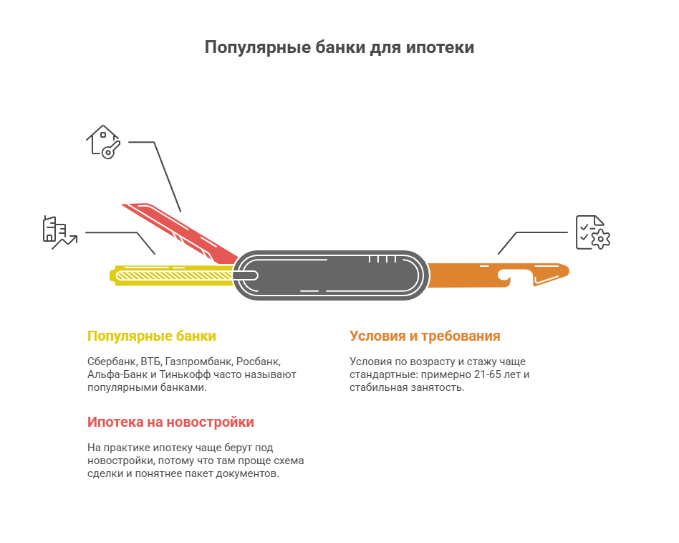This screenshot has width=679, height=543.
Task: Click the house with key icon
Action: [x=103, y=142]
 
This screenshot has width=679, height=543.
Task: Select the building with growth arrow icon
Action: [x=60, y=233]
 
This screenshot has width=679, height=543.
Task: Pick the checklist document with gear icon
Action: [x=593, y=232]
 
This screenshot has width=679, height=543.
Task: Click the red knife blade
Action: [x=180, y=232]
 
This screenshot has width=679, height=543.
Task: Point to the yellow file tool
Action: [x=172, y=275]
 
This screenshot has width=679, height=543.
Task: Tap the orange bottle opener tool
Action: [x=498, y=275]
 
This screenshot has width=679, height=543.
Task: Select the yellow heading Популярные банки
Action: [x=152, y=336]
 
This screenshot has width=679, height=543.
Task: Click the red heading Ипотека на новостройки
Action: [x=170, y=422]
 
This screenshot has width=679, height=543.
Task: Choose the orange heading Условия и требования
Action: [x=425, y=336]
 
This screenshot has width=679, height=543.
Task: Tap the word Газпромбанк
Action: [x=199, y=362]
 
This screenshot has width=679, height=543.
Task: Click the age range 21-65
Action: [x=488, y=374]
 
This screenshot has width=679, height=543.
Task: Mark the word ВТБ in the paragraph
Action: [x=151, y=362]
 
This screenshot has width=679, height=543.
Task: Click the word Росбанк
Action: [x=259, y=362]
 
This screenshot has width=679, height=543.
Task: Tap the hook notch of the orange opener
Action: [x=504, y=276]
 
